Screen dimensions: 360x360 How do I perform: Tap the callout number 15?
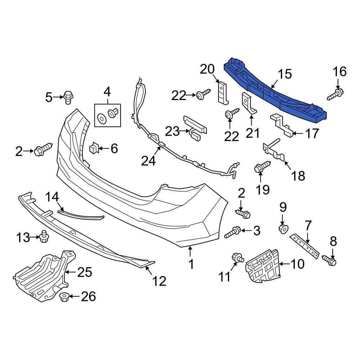(285, 75)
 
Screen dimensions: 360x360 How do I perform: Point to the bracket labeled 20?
(223, 91)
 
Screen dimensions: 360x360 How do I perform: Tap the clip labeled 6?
(94, 148)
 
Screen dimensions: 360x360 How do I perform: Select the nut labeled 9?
(283, 229)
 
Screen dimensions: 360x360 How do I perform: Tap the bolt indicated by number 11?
(238, 257)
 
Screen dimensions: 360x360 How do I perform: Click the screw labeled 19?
(261, 167)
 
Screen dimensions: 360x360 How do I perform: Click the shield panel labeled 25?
(40, 275)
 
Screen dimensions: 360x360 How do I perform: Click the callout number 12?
(159, 280)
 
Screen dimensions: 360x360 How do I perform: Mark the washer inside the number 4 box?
(102, 117)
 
